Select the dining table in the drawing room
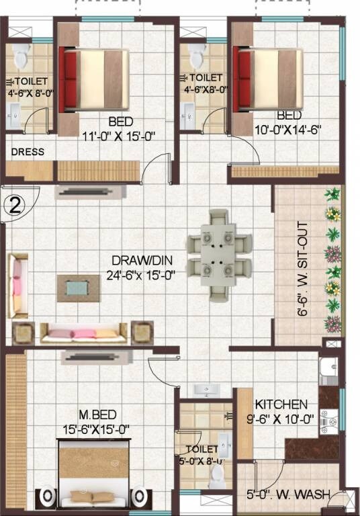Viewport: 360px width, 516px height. click(218, 253)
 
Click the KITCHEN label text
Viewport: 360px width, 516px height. click(281, 404)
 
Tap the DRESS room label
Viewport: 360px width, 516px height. click(28, 152)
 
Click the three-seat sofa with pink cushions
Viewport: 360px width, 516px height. click(83, 332)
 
